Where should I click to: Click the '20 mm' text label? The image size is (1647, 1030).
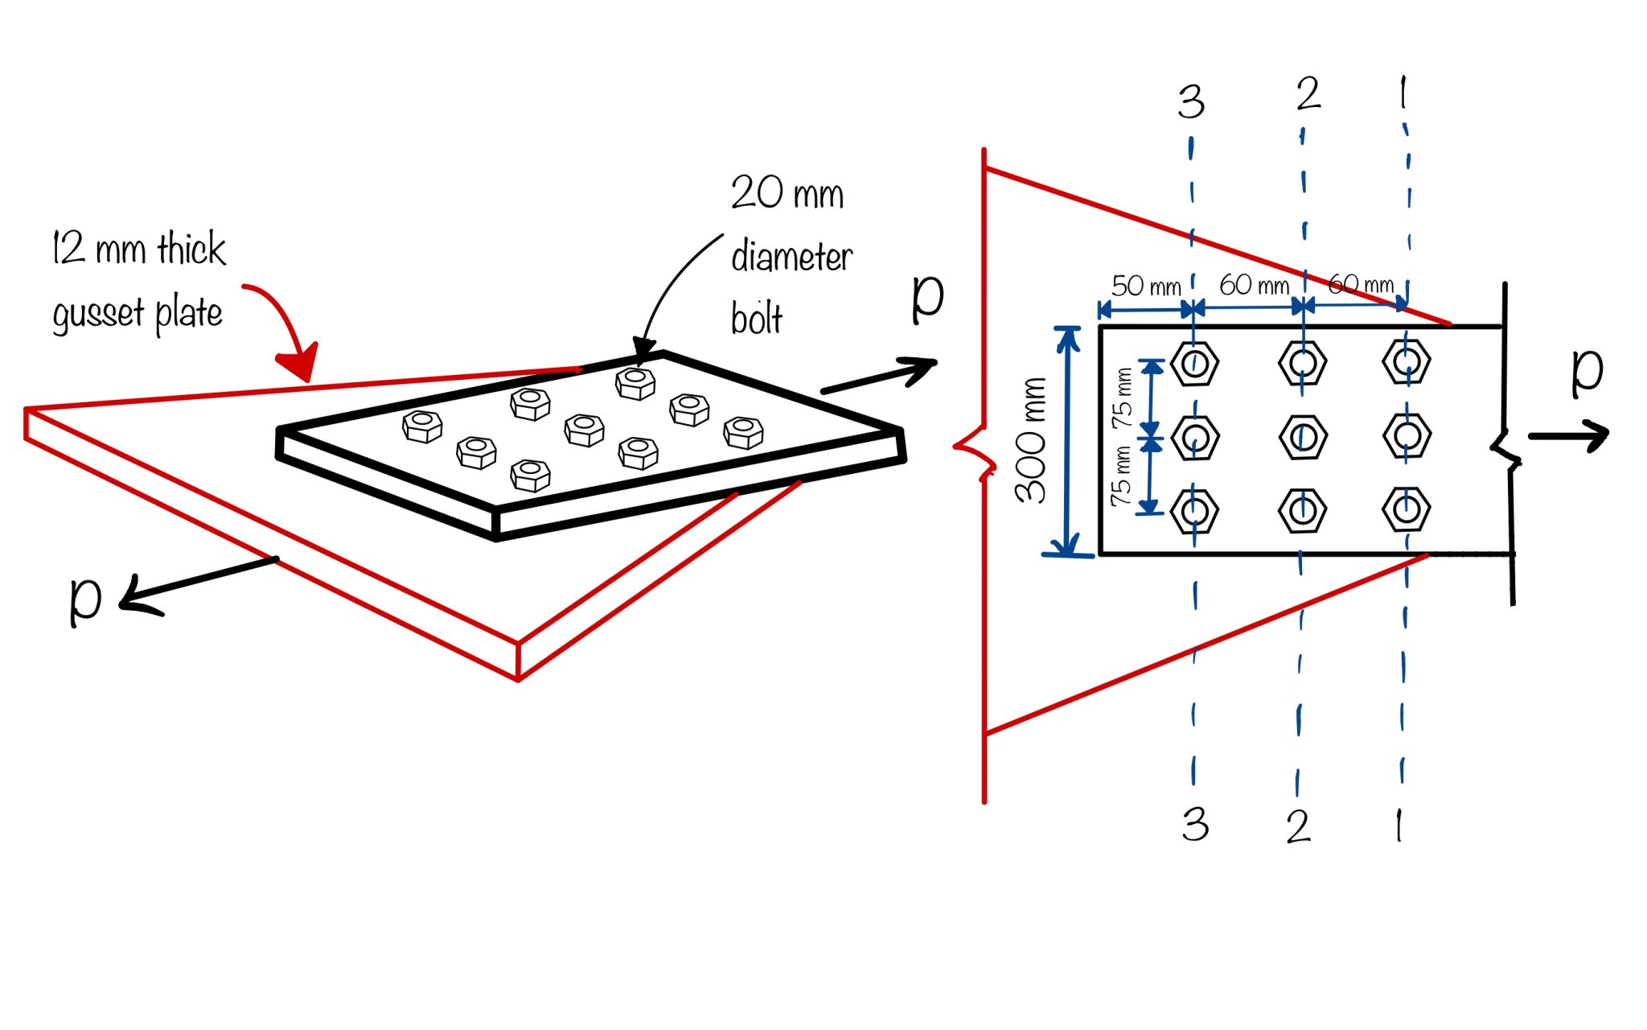pos(787,193)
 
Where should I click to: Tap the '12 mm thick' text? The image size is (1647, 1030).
pos(138,248)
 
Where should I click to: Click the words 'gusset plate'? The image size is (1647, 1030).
pos(137,314)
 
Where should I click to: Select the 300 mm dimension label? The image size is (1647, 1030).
pos(1031,440)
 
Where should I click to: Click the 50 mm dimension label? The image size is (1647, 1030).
pos(1145,286)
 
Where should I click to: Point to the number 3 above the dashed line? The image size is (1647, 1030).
pos(1191,103)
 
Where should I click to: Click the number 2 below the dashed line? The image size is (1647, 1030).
pos(1298,826)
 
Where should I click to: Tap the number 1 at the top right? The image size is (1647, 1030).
pos(1403,93)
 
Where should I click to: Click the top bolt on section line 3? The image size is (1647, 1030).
pos(1194,363)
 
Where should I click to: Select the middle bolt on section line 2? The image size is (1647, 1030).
pos(1302,437)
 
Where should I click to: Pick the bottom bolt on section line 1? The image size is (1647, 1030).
pos(1406,509)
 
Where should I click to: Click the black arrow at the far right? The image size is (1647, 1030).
pos(1568,435)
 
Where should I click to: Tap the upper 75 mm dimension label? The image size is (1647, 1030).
pos(1123,398)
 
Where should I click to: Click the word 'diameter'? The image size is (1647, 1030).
pos(791,257)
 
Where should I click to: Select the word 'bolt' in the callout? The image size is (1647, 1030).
pos(756,319)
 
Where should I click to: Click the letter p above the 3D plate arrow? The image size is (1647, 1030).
pos(927,298)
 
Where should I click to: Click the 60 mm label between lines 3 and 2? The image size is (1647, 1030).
pos(1253,285)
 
